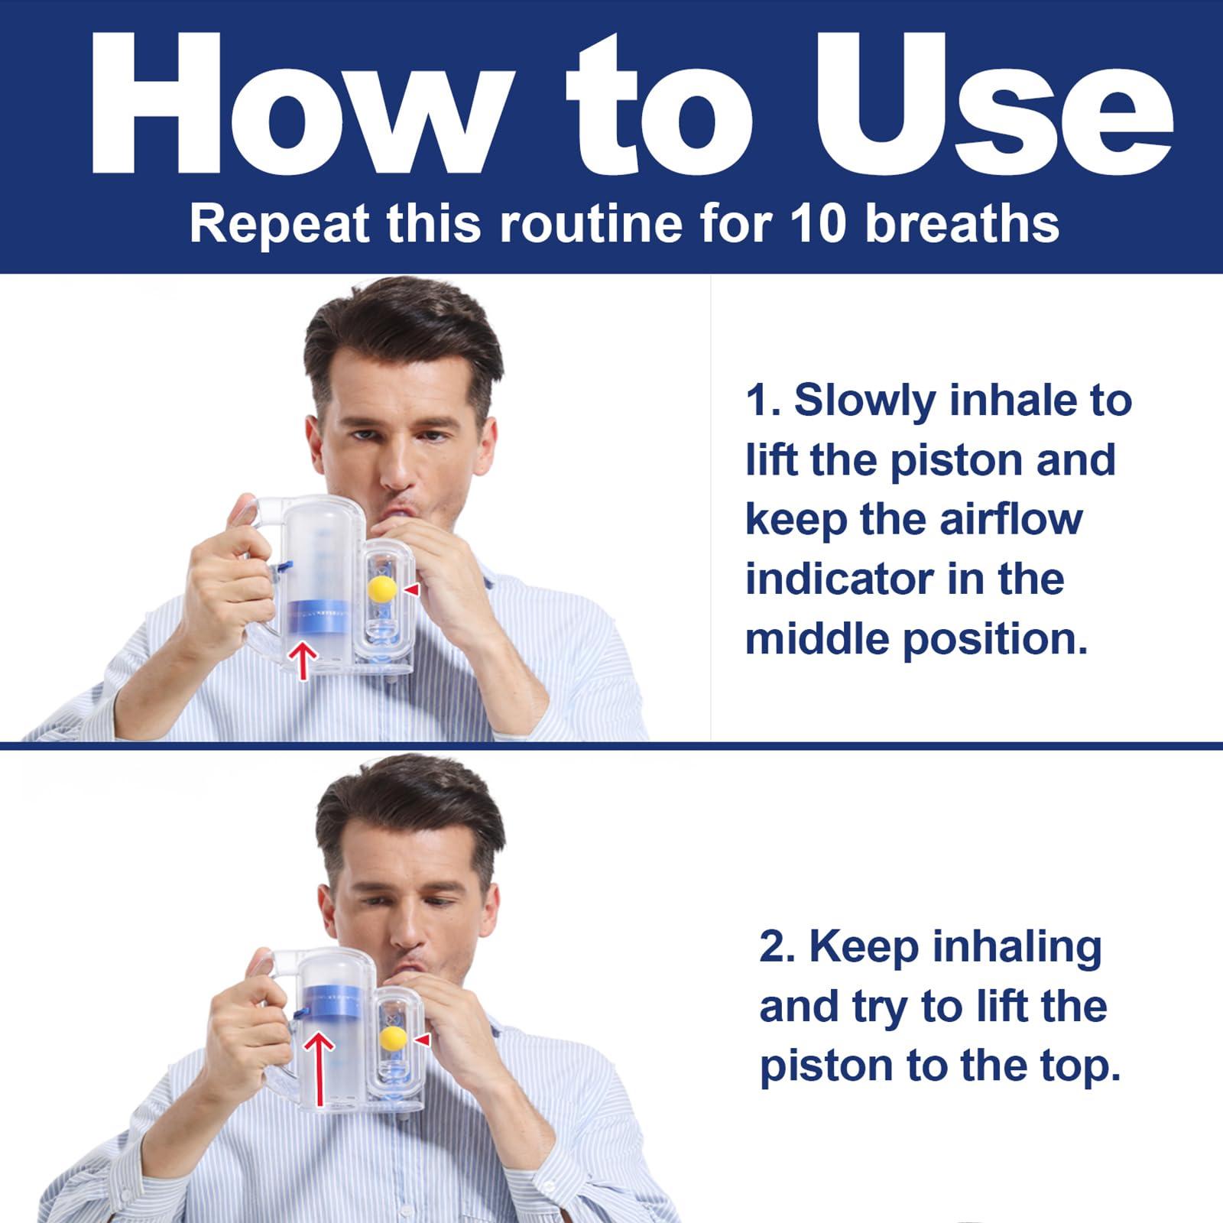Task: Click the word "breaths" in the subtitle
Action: pos(962,223)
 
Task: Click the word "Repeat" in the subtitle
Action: pos(281,223)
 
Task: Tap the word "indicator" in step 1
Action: pos(839,579)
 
